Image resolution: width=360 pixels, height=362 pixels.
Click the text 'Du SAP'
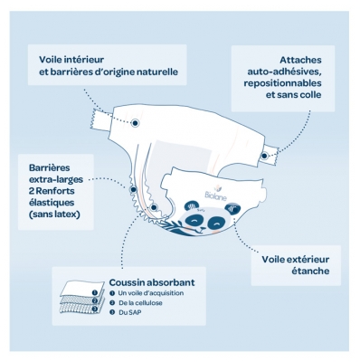pyautogui.click(x=130, y=312)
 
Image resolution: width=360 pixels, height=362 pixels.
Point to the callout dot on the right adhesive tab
pyautogui.click(x=264, y=157)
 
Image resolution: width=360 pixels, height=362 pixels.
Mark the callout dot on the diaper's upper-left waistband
pyautogui.click(x=135, y=121)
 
